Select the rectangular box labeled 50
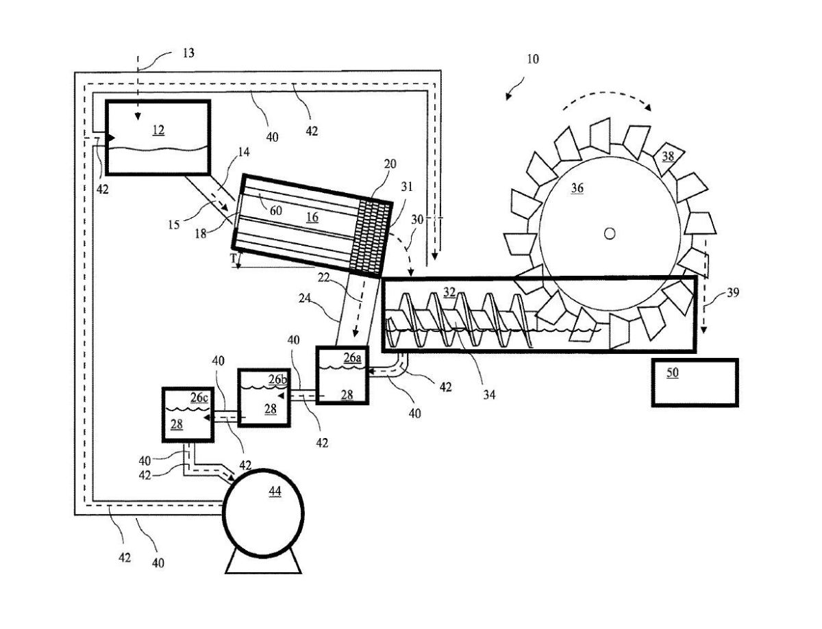point(694,382)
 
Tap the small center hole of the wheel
point(609,233)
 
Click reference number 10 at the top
point(532,59)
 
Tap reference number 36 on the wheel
point(577,188)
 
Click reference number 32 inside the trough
point(449,293)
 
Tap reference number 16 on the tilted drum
point(312,217)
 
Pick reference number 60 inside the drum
point(275,211)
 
